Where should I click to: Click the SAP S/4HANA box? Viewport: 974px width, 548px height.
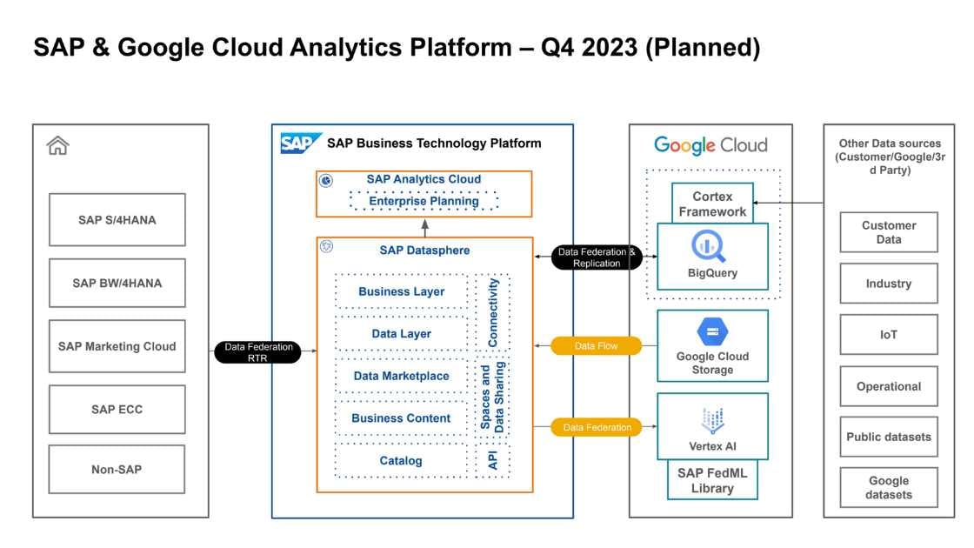pos(117,220)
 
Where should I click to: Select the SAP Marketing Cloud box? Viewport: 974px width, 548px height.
pos(117,346)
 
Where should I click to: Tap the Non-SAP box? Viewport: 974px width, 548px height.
pos(117,470)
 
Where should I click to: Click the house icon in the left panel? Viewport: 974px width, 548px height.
pos(57,146)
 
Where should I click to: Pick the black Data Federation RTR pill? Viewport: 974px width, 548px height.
pos(257,352)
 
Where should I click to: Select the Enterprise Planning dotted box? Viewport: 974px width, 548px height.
pos(424,201)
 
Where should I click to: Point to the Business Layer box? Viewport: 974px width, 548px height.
pos(401,292)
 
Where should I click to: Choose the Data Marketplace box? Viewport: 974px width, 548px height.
pos(401,377)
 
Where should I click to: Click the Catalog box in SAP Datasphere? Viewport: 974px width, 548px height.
pos(401,461)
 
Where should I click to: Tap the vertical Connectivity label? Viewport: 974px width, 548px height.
pos(493,311)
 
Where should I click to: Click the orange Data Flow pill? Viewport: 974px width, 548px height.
pos(596,346)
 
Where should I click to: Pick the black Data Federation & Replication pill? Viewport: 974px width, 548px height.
pos(597,257)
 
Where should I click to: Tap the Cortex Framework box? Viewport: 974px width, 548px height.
pos(712,204)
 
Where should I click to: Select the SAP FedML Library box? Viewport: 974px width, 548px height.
pos(712,481)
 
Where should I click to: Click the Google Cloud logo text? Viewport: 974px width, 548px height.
pos(710,145)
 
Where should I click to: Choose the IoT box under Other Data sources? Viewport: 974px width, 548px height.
pos(888,335)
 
